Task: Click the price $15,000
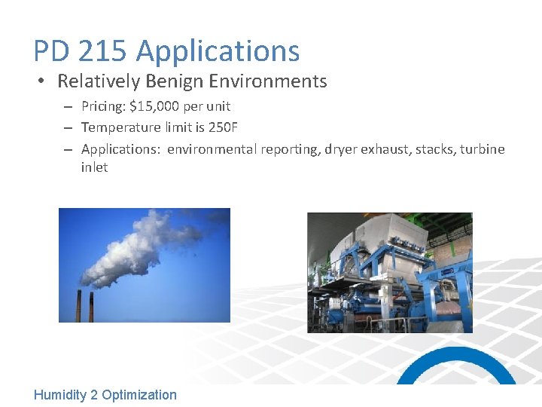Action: pos(154,106)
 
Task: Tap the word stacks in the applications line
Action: pos(420,149)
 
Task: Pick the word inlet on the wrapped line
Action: pos(94,167)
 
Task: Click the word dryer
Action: pos(340,149)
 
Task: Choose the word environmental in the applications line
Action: pos(212,149)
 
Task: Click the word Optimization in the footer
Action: pos(139,395)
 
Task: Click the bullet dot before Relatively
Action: pos(43,81)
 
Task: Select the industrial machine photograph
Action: pos(389,272)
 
